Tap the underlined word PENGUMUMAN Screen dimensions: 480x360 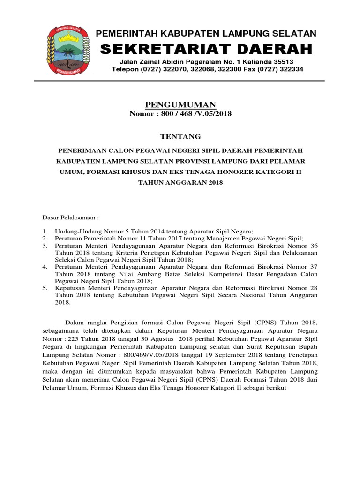pyautogui.click(x=180, y=104)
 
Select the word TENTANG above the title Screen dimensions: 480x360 pyautogui.click(x=180, y=136)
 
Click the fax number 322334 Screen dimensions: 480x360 pyautogui.click(x=290, y=69)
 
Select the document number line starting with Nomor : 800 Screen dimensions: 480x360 pyautogui.click(x=180, y=114)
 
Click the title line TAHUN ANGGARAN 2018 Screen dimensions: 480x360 pyautogui.click(x=180, y=183)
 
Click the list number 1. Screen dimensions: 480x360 pyautogui.click(x=45, y=232)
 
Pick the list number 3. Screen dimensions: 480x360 pyautogui.click(x=45, y=246)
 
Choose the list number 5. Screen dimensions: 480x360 pyautogui.click(x=45, y=288)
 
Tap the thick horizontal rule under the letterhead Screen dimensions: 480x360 pyautogui.click(x=180, y=81)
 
